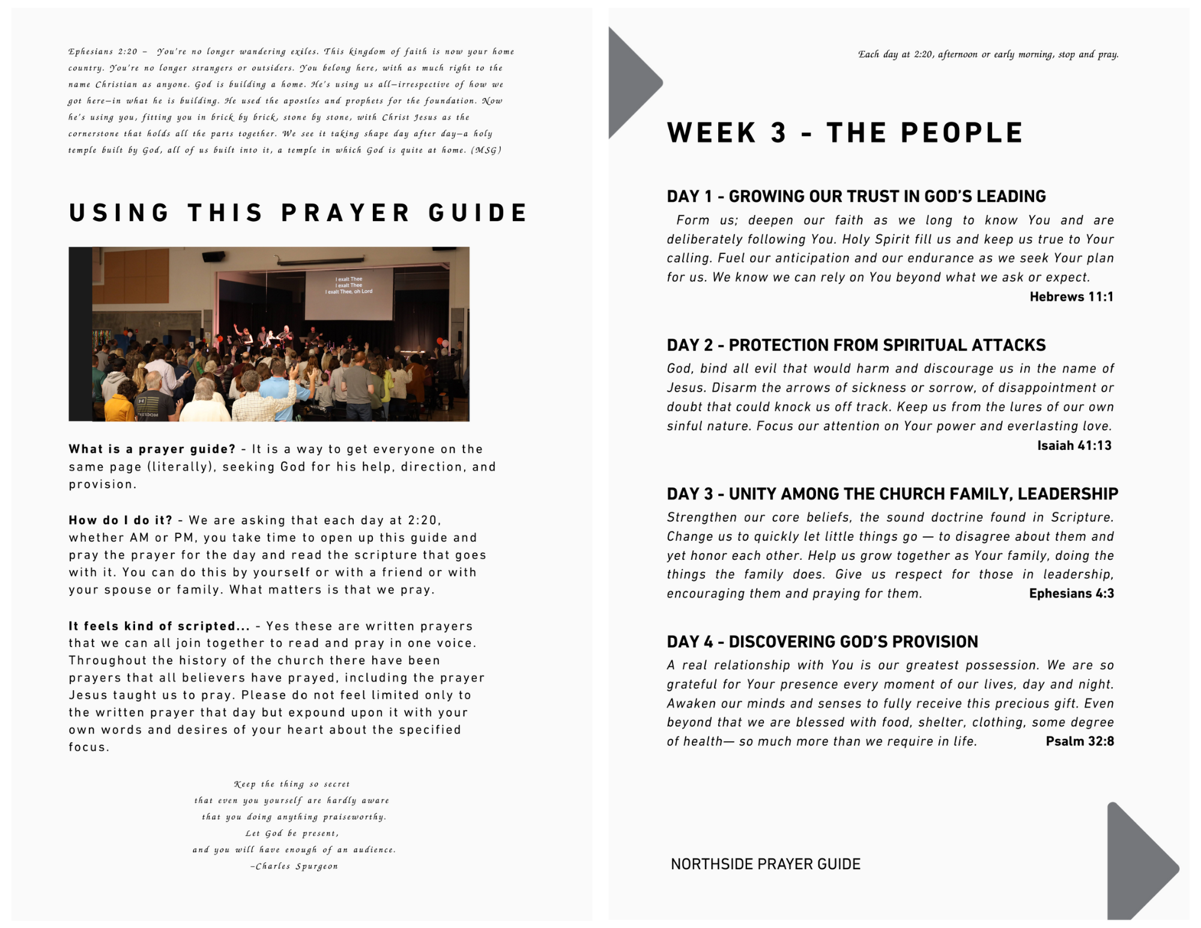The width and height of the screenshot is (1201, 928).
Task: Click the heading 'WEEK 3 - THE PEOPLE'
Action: click(x=844, y=133)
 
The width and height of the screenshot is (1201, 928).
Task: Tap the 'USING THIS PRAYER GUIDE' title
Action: click(x=298, y=213)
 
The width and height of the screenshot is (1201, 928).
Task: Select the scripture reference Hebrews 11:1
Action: click(x=1071, y=297)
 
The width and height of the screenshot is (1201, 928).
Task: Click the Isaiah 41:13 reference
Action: click(x=1074, y=446)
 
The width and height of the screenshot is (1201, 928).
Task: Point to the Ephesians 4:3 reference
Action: click(x=1071, y=593)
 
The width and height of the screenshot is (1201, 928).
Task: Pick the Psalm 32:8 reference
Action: click(x=1080, y=741)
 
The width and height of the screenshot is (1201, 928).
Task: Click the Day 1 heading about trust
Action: click(x=856, y=196)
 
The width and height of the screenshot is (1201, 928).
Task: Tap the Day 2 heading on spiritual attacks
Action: click(x=856, y=345)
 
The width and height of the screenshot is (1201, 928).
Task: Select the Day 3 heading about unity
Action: click(x=892, y=494)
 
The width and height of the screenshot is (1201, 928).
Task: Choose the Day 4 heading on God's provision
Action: click(x=822, y=642)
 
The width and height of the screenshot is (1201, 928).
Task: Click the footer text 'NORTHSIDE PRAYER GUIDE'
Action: click(x=765, y=864)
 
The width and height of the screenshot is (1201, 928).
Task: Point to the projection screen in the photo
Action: click(x=349, y=294)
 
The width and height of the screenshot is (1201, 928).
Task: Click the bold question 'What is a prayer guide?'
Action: click(x=152, y=449)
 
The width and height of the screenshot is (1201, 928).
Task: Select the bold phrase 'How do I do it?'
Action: click(x=120, y=520)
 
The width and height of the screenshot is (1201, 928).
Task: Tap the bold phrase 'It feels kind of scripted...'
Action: click(x=159, y=626)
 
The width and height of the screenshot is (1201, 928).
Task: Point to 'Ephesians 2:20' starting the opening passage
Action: click(x=103, y=52)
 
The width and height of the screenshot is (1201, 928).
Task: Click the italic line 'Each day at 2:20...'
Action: click(x=988, y=55)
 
